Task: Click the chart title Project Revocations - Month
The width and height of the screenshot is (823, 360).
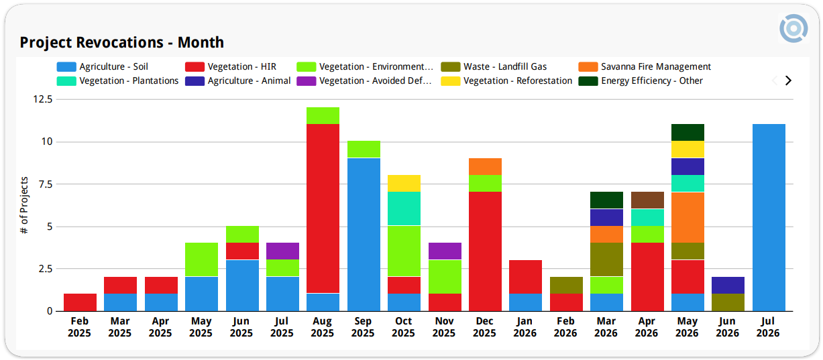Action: pyautogui.click(x=121, y=42)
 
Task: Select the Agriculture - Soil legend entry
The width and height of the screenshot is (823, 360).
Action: pyautogui.click(x=103, y=66)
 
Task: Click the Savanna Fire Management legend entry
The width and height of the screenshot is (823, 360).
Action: pyautogui.click(x=645, y=66)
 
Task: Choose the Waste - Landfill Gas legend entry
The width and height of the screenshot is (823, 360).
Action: pyautogui.click(x=494, y=66)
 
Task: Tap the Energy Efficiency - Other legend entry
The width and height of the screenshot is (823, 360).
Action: pyautogui.click(x=641, y=81)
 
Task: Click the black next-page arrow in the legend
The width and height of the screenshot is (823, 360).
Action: pyautogui.click(x=788, y=80)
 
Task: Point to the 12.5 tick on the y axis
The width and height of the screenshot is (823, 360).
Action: pyautogui.click(x=43, y=99)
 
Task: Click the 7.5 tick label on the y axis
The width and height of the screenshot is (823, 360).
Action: pyautogui.click(x=46, y=184)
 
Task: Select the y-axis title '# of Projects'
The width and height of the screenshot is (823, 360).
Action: pyautogui.click(x=24, y=205)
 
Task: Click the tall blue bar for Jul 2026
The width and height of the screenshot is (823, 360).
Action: pyautogui.click(x=769, y=217)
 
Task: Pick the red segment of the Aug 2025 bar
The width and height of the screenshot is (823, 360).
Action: pyautogui.click(x=323, y=208)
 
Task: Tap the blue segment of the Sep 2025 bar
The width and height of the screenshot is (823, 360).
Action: pyautogui.click(x=364, y=235)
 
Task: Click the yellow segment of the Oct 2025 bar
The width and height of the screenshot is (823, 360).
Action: pyautogui.click(x=404, y=183)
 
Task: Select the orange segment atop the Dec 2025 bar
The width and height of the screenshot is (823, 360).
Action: pyautogui.click(x=485, y=166)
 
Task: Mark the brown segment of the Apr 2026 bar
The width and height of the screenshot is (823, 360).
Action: pyautogui.click(x=647, y=200)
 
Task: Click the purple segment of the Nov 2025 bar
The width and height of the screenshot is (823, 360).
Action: pyautogui.click(x=445, y=251)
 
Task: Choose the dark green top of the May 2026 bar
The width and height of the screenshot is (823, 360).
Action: pyautogui.click(x=688, y=133)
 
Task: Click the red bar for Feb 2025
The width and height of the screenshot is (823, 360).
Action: pyautogui.click(x=80, y=302)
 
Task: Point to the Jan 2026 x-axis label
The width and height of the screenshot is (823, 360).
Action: pyautogui.click(x=525, y=327)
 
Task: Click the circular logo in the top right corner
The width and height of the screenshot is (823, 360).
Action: pyautogui.click(x=793, y=28)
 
